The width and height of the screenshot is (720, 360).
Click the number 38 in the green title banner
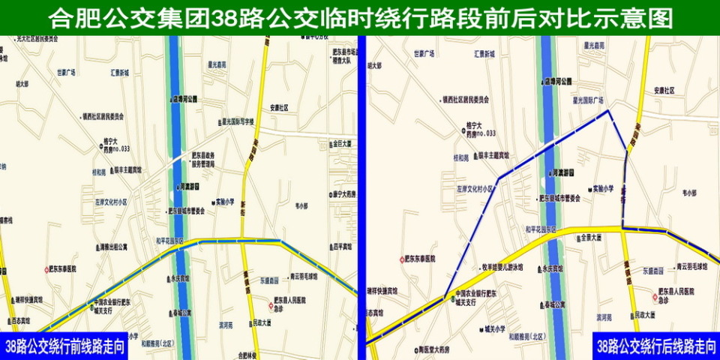coord(225,18)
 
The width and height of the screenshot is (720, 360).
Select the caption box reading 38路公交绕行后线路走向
coord(655,346)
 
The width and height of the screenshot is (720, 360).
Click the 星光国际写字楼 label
coord(237,121)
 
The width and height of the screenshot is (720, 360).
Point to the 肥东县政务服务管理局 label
coord(203,158)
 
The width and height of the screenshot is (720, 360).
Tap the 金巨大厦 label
coord(338,142)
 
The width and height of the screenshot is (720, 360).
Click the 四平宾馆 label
coord(340,246)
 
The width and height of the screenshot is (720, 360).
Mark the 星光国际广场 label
coord(588,99)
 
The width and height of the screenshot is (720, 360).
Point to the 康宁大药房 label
coord(342,194)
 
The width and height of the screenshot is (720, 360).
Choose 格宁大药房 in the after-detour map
coord(478,130)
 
